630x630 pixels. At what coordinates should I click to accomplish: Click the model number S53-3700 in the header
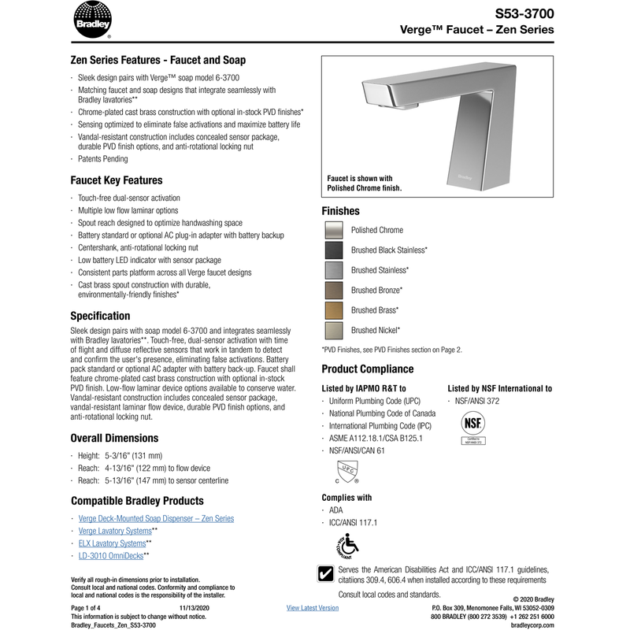(x=524, y=14)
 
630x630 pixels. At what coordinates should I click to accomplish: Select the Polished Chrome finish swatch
(x=334, y=230)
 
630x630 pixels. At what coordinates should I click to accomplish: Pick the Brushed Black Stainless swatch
(x=334, y=250)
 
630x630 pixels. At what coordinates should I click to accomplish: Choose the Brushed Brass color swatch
(x=334, y=310)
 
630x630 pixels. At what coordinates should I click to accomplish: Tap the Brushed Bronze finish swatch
(x=334, y=291)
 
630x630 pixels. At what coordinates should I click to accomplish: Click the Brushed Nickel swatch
(x=334, y=331)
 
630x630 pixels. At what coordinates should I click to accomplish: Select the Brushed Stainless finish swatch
(x=334, y=270)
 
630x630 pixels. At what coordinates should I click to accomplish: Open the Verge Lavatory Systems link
(x=115, y=531)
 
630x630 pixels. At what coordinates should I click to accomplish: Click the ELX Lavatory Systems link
(x=113, y=543)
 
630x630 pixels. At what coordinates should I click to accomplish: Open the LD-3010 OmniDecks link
(x=111, y=556)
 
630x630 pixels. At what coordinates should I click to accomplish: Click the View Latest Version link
(x=313, y=608)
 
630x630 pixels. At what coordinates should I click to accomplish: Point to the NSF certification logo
(x=474, y=428)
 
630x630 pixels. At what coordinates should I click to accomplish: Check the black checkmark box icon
(x=327, y=573)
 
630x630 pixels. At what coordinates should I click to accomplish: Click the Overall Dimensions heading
(x=114, y=438)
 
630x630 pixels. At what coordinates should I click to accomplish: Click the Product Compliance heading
(x=367, y=369)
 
